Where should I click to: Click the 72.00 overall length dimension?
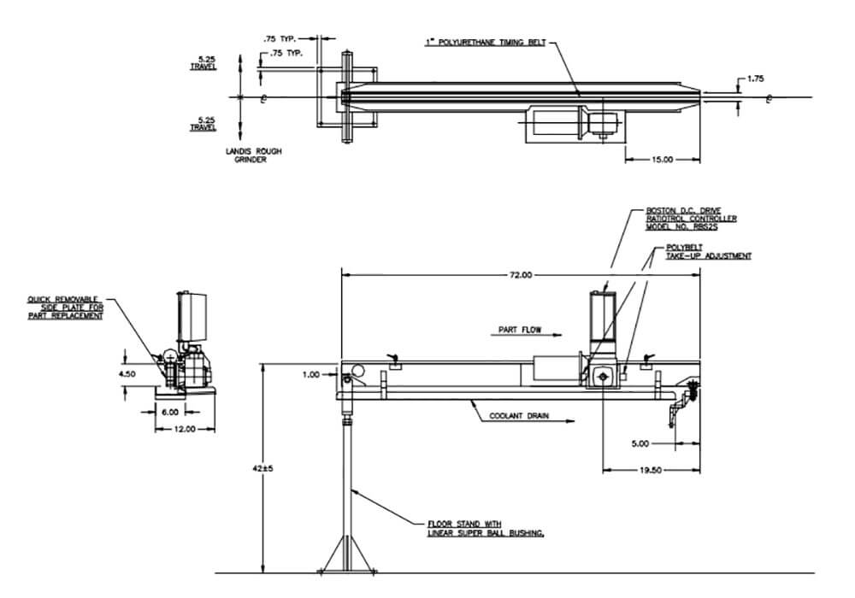[x=521, y=275]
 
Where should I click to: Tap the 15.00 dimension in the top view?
[x=662, y=159]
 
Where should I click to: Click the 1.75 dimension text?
[x=755, y=79]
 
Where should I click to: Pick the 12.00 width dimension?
[x=185, y=428]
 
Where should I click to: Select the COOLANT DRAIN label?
[x=519, y=417]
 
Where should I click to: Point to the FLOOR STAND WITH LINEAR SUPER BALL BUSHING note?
[x=486, y=528]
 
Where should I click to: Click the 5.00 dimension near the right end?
[x=639, y=443]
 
